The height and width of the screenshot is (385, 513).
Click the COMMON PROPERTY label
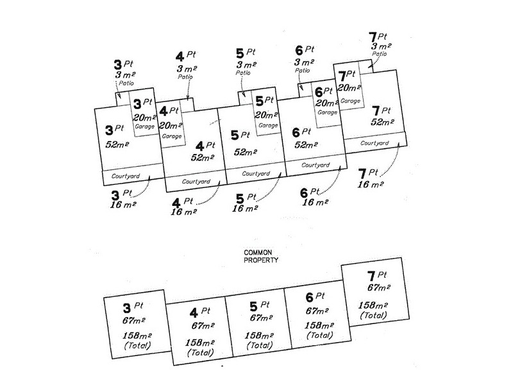(261, 256)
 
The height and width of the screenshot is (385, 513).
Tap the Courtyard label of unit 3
(125, 176)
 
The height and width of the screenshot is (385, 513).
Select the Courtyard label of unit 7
(374, 143)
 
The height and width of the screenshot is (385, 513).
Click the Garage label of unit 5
(268, 125)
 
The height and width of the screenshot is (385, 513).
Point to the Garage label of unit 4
(172, 136)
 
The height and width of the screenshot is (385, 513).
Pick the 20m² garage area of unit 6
(326, 103)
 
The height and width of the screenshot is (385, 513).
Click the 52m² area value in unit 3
(117, 144)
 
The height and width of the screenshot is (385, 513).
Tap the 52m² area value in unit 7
(382, 122)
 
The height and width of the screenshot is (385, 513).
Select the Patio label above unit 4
(185, 77)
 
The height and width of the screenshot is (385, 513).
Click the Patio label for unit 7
(379, 54)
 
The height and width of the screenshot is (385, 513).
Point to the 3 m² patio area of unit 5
(246, 65)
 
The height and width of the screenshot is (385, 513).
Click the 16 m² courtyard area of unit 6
(315, 202)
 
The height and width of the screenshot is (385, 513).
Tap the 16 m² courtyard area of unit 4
(183, 212)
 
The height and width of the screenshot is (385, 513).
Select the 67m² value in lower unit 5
(261, 318)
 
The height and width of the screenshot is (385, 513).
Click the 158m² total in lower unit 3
(137, 336)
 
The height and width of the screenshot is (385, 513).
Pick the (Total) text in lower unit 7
(373, 315)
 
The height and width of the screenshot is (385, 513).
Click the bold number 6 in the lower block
(310, 298)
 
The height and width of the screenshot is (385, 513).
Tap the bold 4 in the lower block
(194, 313)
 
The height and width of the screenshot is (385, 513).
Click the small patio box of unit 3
(122, 99)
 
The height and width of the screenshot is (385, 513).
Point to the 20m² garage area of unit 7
(349, 88)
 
